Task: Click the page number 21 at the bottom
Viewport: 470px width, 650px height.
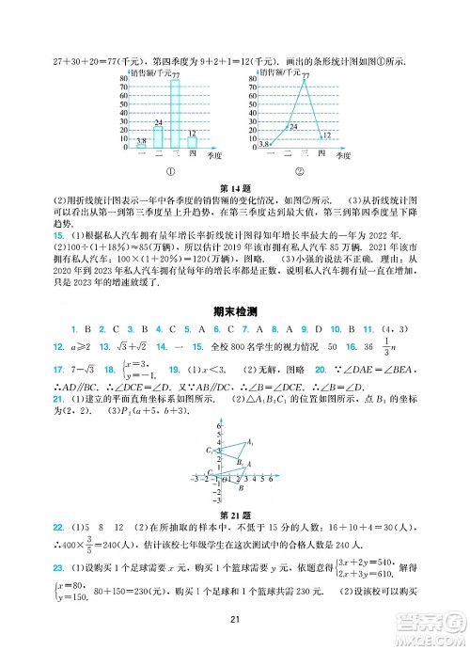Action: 235,618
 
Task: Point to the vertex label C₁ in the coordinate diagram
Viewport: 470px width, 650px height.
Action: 210,451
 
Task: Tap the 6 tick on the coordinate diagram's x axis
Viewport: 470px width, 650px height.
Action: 272,478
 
